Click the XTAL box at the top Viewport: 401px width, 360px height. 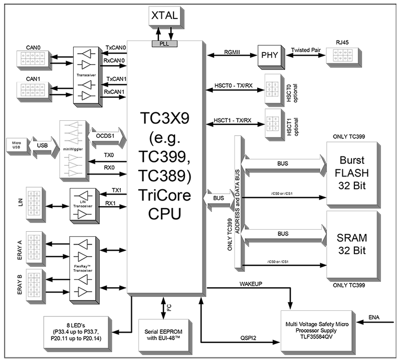click(x=164, y=15)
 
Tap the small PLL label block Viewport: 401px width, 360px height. click(x=164, y=44)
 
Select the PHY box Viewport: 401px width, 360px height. click(x=269, y=55)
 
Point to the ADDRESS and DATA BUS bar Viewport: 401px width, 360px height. click(x=238, y=203)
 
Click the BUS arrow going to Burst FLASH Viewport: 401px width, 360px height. click(x=283, y=163)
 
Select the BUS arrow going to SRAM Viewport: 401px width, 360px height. click(x=283, y=233)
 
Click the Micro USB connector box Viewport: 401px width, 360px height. click(x=17, y=145)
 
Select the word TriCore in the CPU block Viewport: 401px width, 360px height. click(x=165, y=196)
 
